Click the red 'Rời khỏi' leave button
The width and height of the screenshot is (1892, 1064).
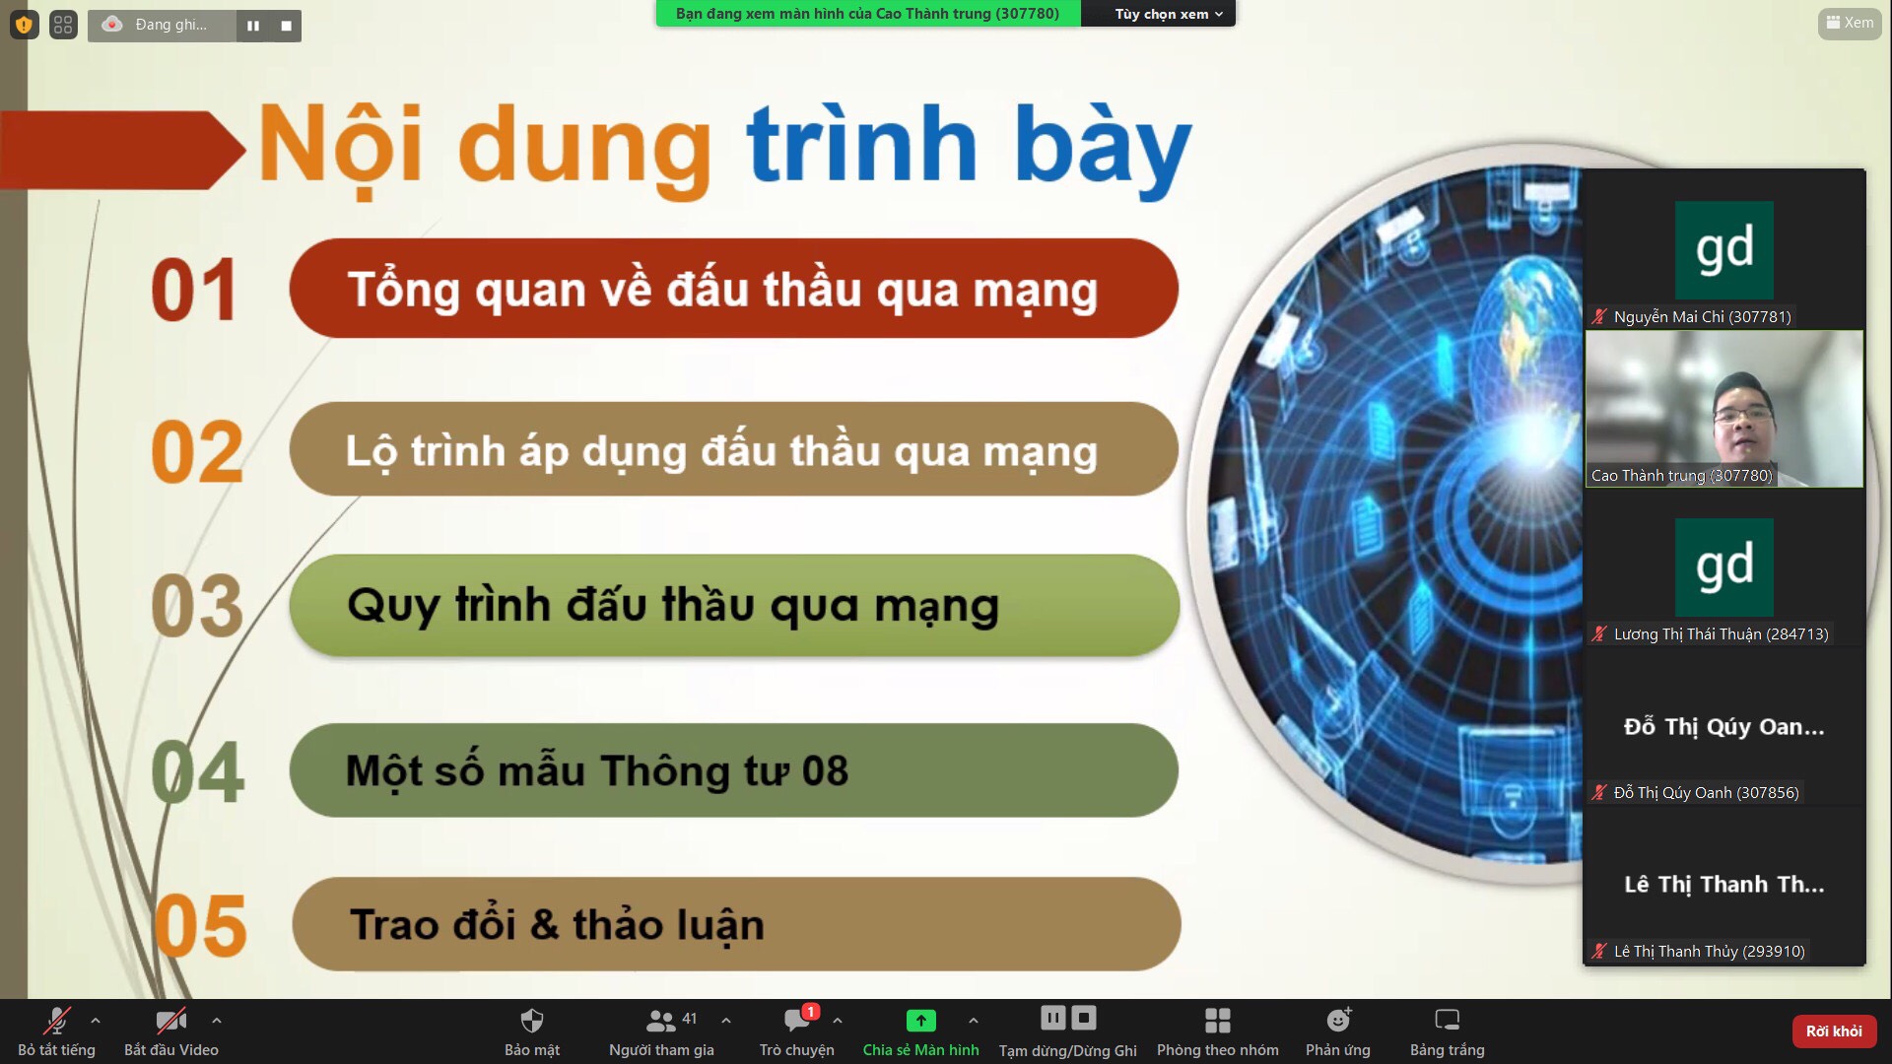pyautogui.click(x=1834, y=1031)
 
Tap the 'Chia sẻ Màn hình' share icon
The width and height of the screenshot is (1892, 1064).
pyautogui.click(x=920, y=1020)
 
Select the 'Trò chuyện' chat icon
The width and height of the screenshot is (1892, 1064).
pyautogui.click(x=796, y=1020)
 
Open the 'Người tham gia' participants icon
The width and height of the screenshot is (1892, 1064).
pyautogui.click(x=660, y=1021)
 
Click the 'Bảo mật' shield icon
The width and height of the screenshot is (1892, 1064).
pyautogui.click(x=532, y=1020)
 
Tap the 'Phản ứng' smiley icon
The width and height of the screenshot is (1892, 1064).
pyautogui.click(x=1338, y=1020)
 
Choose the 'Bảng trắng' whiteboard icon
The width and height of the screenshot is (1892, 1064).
pyautogui.click(x=1447, y=1020)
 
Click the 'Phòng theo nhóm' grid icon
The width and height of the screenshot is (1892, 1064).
pyautogui.click(x=1218, y=1020)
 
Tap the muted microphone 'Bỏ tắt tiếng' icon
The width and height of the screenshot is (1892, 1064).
pyautogui.click(x=56, y=1020)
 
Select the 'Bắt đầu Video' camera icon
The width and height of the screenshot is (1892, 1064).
pyautogui.click(x=170, y=1020)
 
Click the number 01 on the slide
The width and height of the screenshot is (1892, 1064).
pyautogui.click(x=194, y=290)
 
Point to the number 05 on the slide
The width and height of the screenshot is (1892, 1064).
pyautogui.click(x=200, y=925)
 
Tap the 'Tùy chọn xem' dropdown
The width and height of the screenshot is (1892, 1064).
pyautogui.click(x=1168, y=14)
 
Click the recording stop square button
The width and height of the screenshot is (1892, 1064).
pyautogui.click(x=286, y=26)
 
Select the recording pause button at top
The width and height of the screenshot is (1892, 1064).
pyautogui.click(x=253, y=26)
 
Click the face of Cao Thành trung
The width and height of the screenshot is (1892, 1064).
pyautogui.click(x=1743, y=415)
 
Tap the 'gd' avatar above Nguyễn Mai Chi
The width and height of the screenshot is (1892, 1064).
pyautogui.click(x=1724, y=250)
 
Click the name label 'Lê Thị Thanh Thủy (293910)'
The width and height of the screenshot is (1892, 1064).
pyautogui.click(x=1709, y=952)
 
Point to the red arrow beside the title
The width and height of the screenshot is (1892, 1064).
pyautogui.click(x=122, y=150)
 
